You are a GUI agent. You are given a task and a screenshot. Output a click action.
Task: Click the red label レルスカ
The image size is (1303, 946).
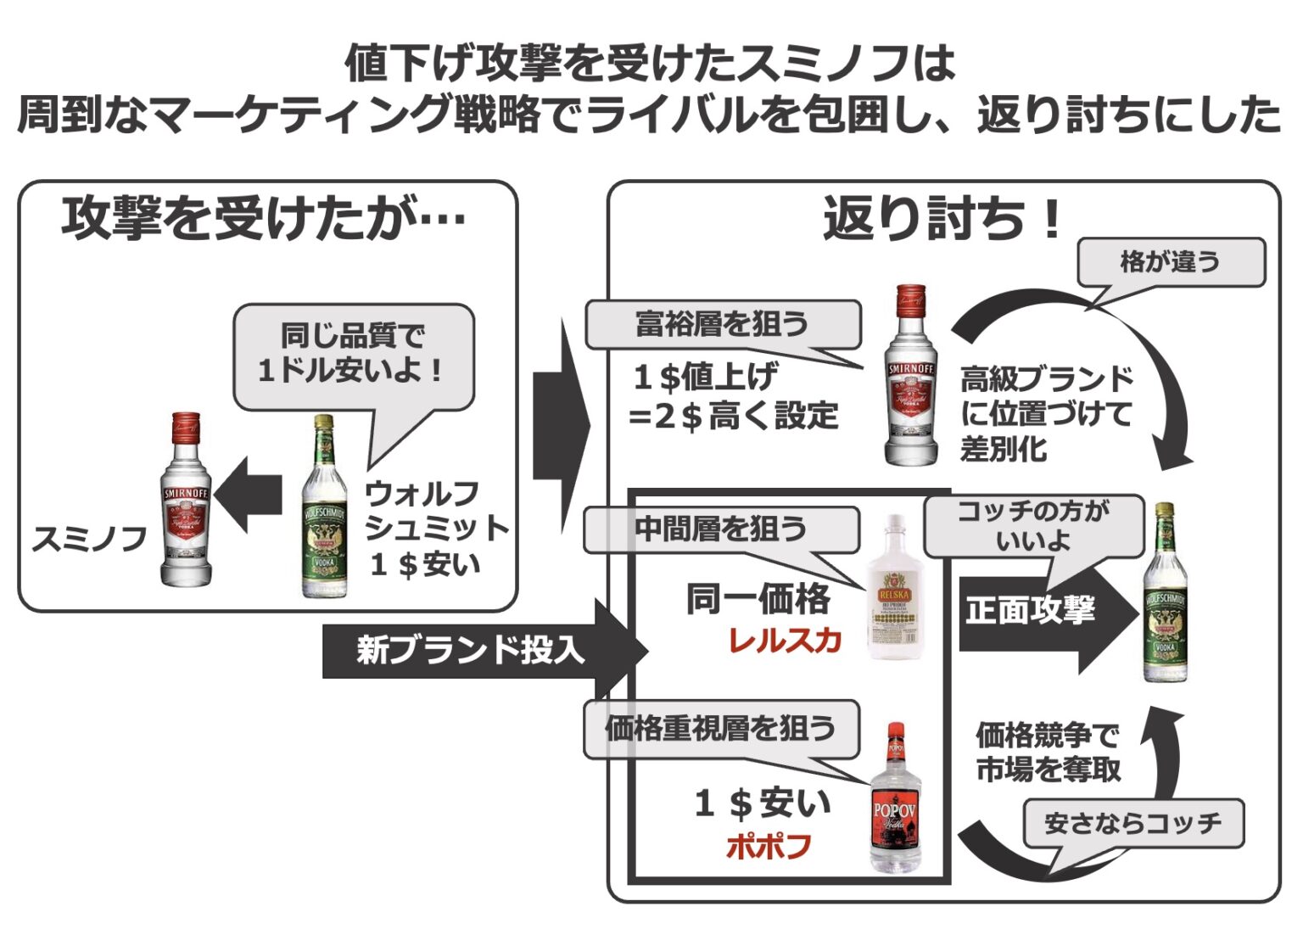tap(785, 641)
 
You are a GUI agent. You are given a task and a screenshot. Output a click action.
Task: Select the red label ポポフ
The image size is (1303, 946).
tap(769, 846)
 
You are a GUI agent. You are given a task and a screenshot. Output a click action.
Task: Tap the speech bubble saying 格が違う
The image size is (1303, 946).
tap(1170, 262)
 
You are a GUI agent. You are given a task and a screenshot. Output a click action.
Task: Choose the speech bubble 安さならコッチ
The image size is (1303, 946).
tap(1132, 823)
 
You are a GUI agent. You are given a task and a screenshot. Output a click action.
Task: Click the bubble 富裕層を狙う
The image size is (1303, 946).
tap(722, 324)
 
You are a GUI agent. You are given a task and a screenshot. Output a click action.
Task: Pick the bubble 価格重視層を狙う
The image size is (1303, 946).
tap(721, 729)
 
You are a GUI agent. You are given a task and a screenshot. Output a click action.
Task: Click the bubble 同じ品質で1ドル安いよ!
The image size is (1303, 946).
tap(353, 355)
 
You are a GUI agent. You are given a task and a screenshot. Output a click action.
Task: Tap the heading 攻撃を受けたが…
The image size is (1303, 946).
tap(264, 219)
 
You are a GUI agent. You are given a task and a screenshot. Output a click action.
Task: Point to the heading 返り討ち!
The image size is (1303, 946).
tap(942, 219)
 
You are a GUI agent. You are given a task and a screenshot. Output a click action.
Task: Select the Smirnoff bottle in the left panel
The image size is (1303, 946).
tap(186, 501)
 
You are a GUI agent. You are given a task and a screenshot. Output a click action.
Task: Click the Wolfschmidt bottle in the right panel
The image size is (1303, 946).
tap(1165, 594)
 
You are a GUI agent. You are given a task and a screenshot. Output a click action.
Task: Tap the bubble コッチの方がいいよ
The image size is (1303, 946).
tap(1033, 526)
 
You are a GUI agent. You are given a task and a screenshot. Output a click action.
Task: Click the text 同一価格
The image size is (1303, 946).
tap(758, 599)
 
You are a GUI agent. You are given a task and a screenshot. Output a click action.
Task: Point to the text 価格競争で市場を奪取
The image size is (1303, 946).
tap(1049, 752)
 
